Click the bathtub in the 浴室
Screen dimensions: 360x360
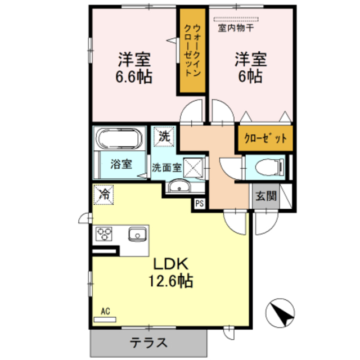click(119, 139)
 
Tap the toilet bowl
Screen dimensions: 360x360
click(269, 167)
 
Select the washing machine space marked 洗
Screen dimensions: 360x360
click(164, 137)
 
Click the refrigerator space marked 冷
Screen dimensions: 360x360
click(103, 195)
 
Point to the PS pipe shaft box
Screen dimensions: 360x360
click(199, 204)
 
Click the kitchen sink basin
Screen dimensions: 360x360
click(137, 234)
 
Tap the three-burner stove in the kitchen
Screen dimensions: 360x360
click(103, 234)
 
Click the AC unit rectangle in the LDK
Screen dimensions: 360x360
click(105, 319)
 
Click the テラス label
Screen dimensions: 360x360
click(148, 343)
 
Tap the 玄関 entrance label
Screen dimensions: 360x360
click(266, 196)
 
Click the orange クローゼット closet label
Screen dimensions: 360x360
click(265, 138)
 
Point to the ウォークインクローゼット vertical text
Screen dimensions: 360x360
click(192, 51)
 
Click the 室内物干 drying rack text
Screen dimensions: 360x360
click(236, 28)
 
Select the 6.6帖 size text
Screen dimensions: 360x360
click(134, 76)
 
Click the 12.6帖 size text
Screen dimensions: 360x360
click(171, 281)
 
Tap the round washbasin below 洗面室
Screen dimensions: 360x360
click(179, 186)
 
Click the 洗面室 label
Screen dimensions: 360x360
click(166, 168)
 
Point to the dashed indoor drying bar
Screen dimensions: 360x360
click(236, 19)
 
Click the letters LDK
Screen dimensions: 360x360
click(171, 264)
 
